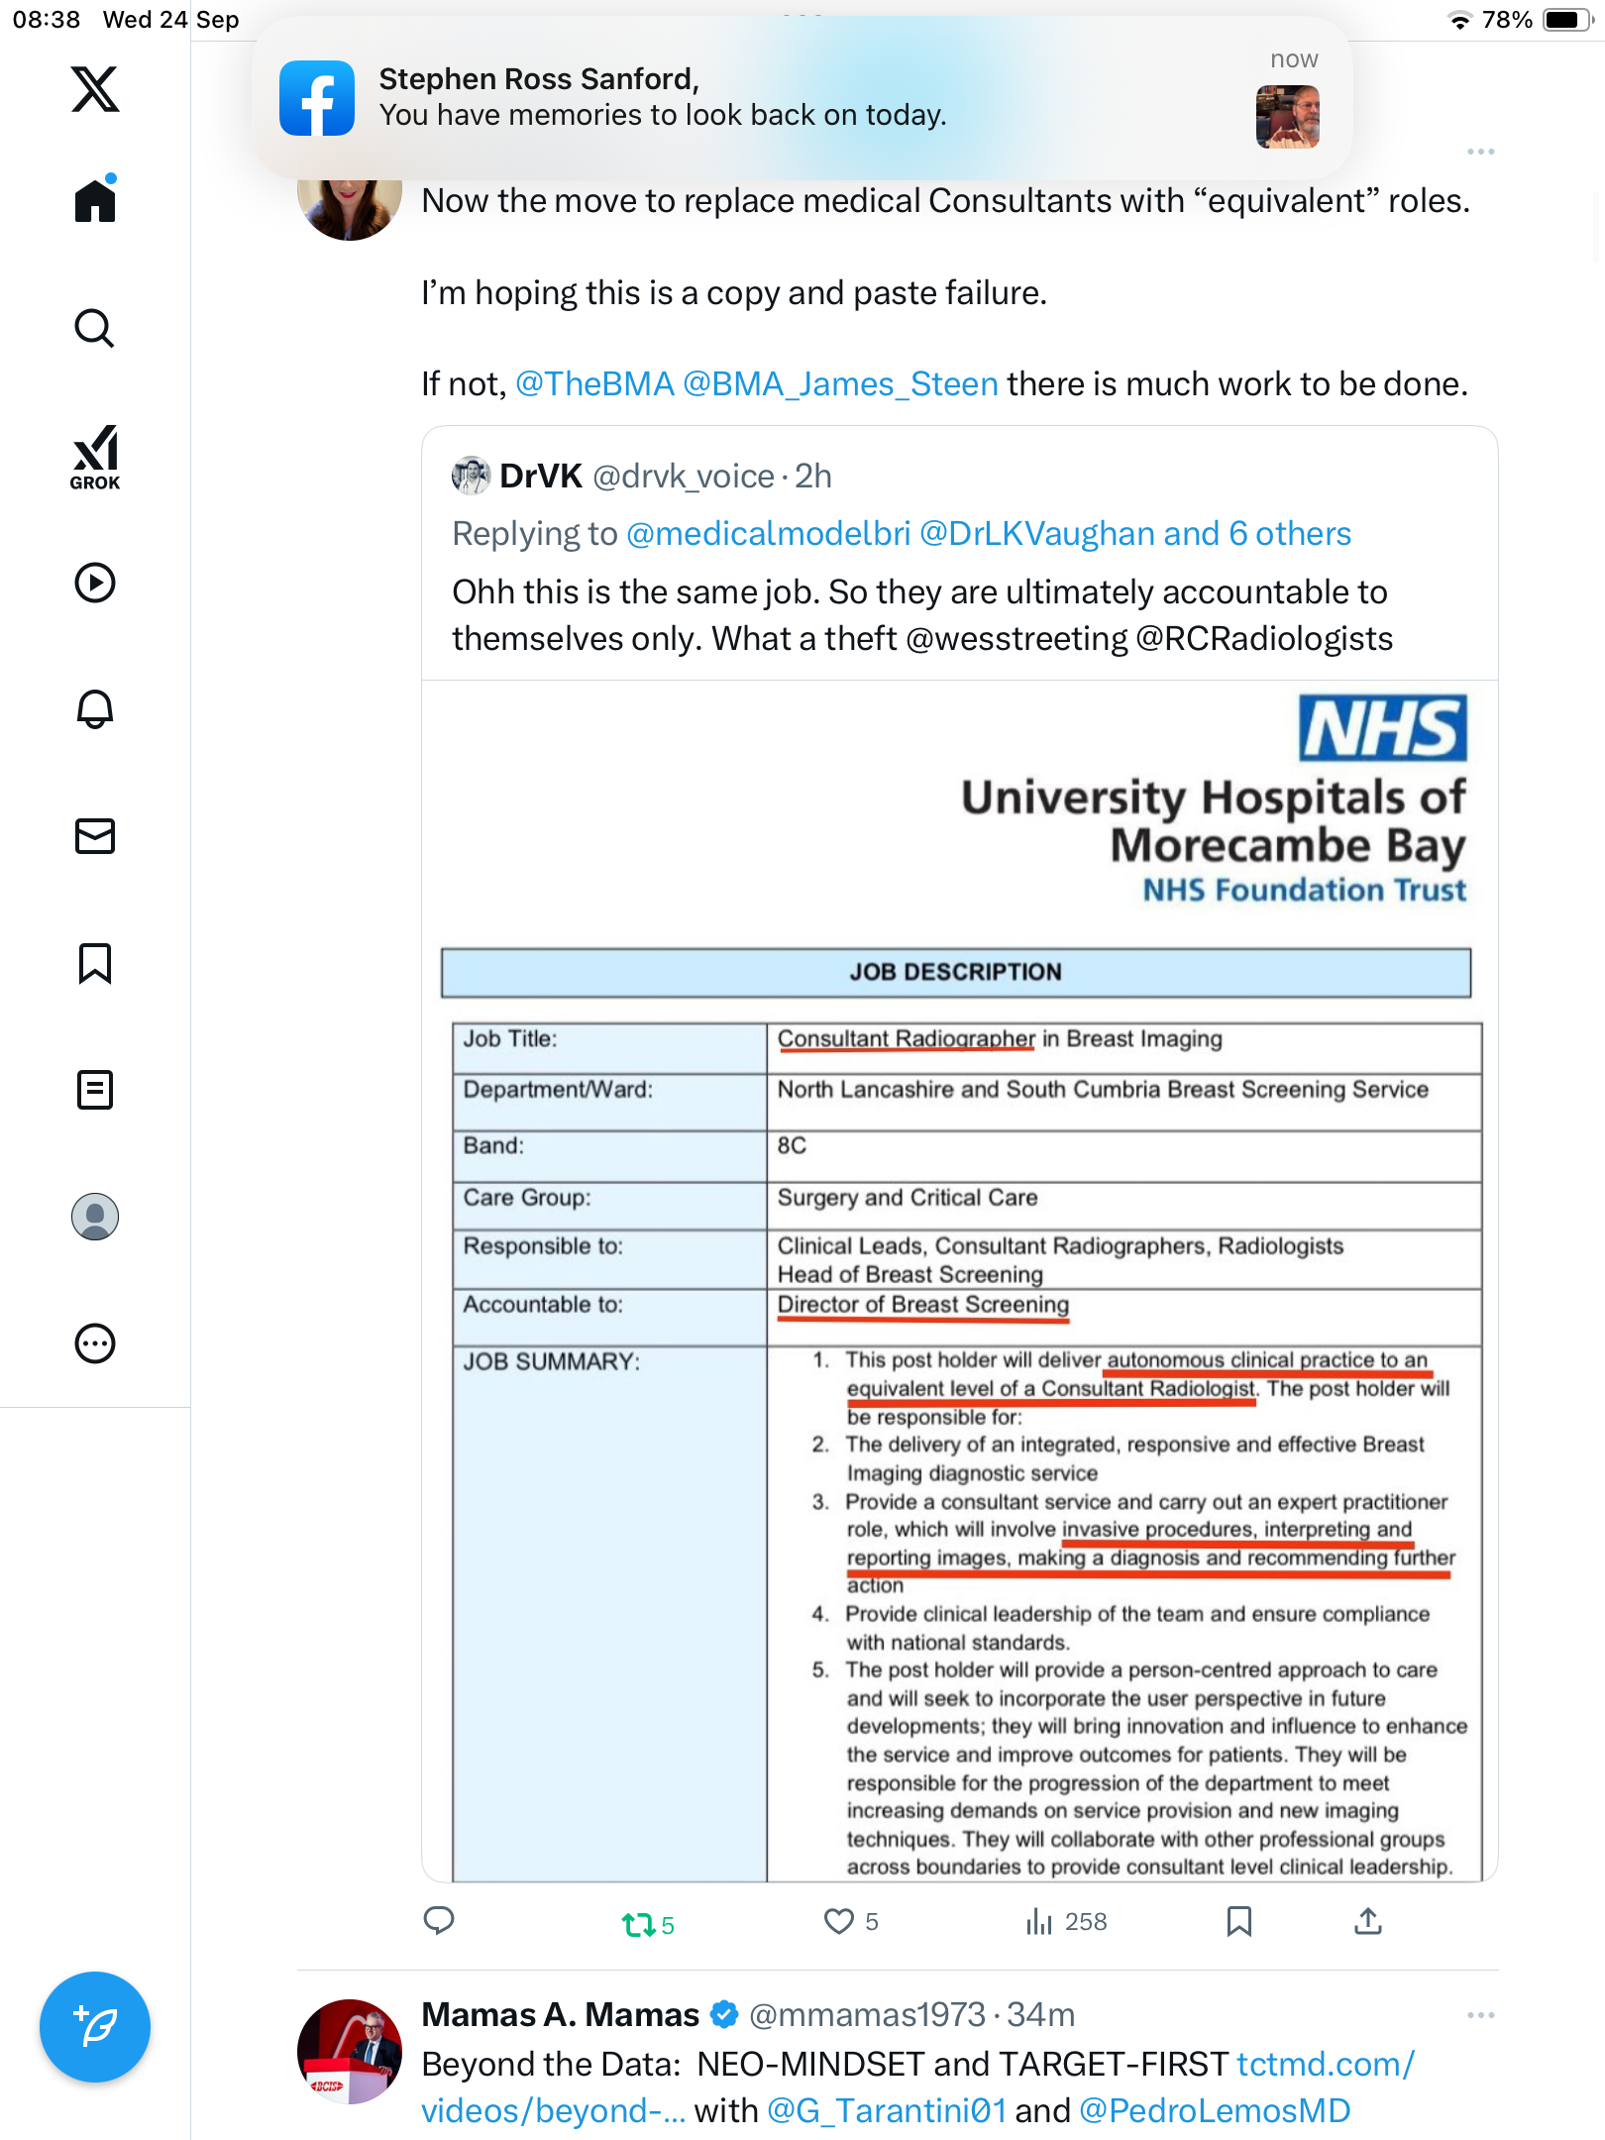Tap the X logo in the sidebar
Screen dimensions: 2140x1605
point(95,89)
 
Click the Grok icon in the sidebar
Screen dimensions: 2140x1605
point(95,457)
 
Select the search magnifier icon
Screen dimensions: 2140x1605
point(95,328)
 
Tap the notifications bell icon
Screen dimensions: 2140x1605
point(95,709)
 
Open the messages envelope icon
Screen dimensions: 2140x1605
point(95,836)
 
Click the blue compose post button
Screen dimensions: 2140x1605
point(95,2027)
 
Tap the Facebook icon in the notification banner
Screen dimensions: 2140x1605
point(317,98)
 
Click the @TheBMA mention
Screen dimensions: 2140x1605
point(594,384)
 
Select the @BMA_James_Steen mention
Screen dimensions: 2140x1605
point(840,384)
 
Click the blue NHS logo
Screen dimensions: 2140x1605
point(1382,728)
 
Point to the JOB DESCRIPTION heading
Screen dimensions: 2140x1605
point(955,972)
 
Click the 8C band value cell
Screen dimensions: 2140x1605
point(793,1146)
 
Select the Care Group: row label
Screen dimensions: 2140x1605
point(527,1198)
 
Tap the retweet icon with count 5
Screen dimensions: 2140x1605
point(639,1924)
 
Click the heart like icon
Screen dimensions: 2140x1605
point(839,1922)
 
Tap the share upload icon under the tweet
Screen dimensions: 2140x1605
point(1368,1922)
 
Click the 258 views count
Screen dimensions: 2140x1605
point(1085,1922)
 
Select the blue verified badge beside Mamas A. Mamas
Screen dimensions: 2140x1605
point(725,2015)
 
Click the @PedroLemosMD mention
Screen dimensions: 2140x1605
point(1215,2111)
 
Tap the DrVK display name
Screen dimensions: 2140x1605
point(540,477)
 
